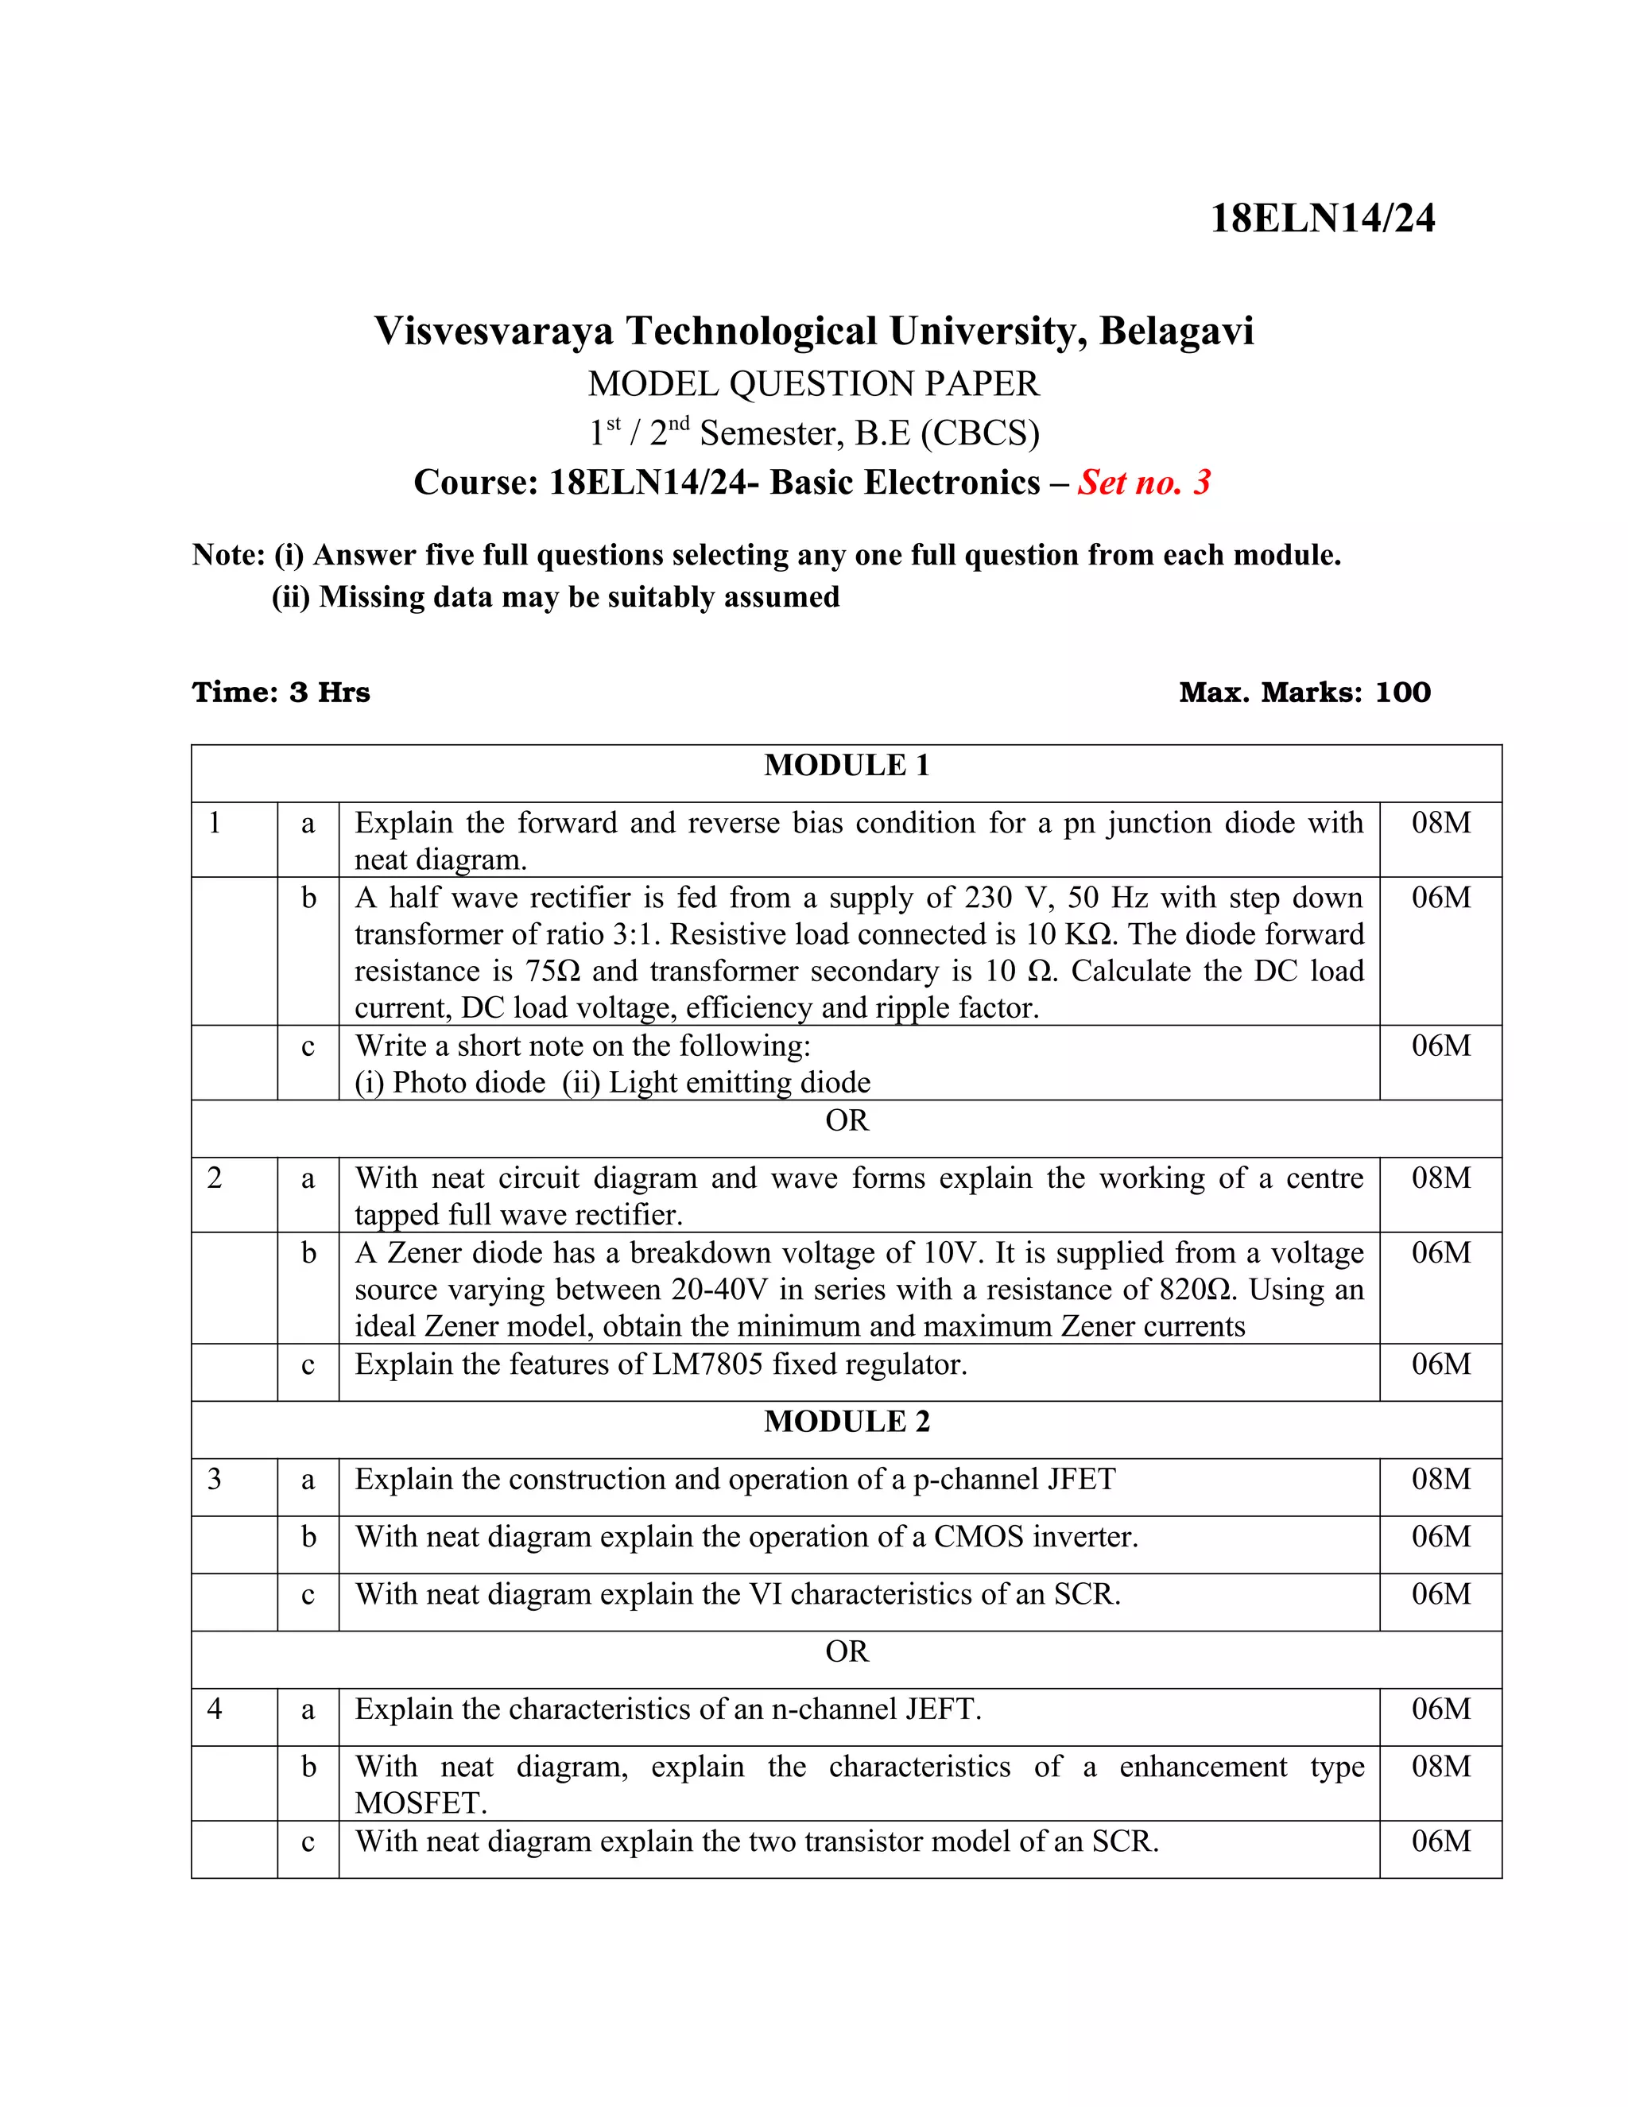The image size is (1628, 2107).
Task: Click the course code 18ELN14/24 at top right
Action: coord(1321,219)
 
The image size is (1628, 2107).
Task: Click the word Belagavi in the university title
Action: coord(1176,331)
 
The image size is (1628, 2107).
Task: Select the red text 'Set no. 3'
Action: coord(1144,483)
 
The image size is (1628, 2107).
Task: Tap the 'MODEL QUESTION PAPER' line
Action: coord(814,384)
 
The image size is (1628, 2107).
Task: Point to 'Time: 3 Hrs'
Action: coord(281,693)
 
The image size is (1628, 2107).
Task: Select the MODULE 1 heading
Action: coord(846,766)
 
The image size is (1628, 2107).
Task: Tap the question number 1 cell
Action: coord(215,823)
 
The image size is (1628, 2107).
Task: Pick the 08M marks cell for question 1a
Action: coord(1441,823)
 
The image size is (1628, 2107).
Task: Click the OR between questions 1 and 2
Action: coord(846,1121)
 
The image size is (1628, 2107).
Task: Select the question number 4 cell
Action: coord(215,1709)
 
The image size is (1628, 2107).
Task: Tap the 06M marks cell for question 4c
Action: coord(1441,1841)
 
